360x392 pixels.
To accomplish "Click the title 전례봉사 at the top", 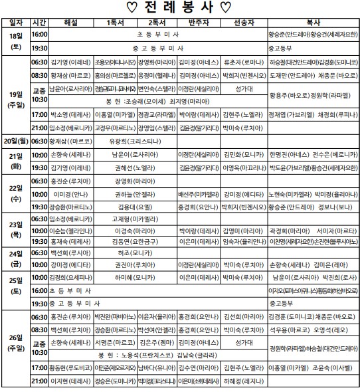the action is pos(181,8).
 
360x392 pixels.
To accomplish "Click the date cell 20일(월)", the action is pos(15,141).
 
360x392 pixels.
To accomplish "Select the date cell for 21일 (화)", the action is pos(15,159).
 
